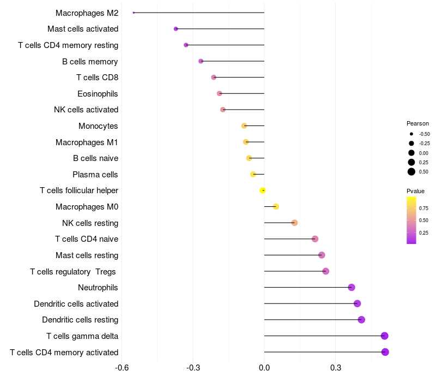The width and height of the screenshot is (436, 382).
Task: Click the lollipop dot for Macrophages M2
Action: click(134, 13)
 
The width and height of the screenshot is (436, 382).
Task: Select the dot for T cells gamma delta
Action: click(385, 336)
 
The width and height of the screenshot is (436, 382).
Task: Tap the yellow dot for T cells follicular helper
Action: click(263, 190)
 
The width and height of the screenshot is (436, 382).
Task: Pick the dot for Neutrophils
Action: click(352, 288)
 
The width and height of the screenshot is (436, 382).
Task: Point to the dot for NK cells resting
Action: click(294, 223)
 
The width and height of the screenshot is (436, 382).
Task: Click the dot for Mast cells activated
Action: click(175, 29)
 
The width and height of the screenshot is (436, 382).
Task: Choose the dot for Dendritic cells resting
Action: click(361, 320)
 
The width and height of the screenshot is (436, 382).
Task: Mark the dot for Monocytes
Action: click(244, 126)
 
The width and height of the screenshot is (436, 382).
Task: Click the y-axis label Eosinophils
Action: click(98, 94)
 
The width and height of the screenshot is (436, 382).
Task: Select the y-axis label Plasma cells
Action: click(95, 175)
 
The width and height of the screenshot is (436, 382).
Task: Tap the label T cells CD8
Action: click(97, 77)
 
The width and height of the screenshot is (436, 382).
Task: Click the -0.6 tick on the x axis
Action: click(122, 368)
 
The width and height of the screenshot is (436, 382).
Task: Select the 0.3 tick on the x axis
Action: click(335, 368)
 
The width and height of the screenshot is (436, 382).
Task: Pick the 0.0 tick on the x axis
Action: click(264, 368)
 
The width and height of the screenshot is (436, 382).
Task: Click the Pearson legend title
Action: click(417, 123)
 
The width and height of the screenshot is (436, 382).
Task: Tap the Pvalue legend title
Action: click(415, 191)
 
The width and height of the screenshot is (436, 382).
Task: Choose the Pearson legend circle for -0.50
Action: click(411, 134)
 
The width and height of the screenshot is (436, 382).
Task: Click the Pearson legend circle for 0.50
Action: click(411, 172)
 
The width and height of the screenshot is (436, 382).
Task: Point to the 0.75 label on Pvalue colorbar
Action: click(423, 208)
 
